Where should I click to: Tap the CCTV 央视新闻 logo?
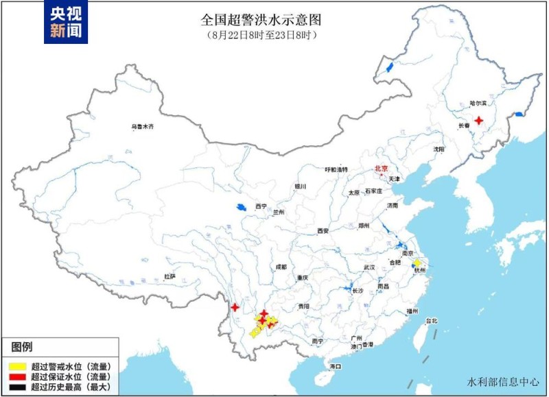(67, 22)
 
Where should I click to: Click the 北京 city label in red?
(381, 168)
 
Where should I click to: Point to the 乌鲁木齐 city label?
(143, 127)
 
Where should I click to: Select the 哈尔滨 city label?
(477, 104)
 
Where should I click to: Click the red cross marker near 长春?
(479, 119)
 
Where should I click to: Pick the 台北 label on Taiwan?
(431, 321)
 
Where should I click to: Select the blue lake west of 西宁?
(241, 206)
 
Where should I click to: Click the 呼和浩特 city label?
(336, 169)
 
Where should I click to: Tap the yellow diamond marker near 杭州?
(416, 263)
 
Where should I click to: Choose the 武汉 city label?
(369, 267)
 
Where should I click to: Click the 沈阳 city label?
(439, 149)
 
